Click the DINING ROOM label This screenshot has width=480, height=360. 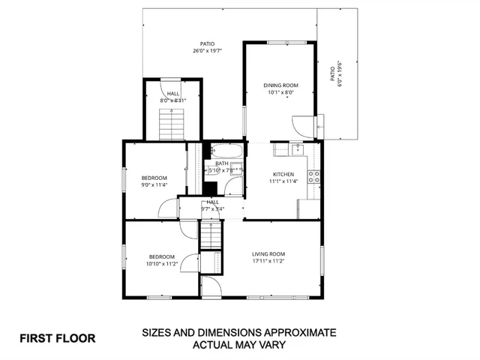281,85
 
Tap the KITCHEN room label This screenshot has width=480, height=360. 283,173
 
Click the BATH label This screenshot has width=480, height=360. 222,163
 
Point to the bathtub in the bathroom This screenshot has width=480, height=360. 226,150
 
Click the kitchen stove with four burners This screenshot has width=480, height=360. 316,178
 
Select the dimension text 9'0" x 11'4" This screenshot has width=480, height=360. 154,184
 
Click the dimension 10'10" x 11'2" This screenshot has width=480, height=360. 161,264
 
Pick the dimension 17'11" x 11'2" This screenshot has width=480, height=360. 268,261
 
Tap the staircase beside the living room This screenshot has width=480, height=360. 211,235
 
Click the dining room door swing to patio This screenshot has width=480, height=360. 304,127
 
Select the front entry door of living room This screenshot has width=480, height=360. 211,286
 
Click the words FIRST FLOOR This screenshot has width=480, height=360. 57,338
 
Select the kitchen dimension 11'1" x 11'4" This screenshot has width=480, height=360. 283,181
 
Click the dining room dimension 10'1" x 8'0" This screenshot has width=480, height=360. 281,93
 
